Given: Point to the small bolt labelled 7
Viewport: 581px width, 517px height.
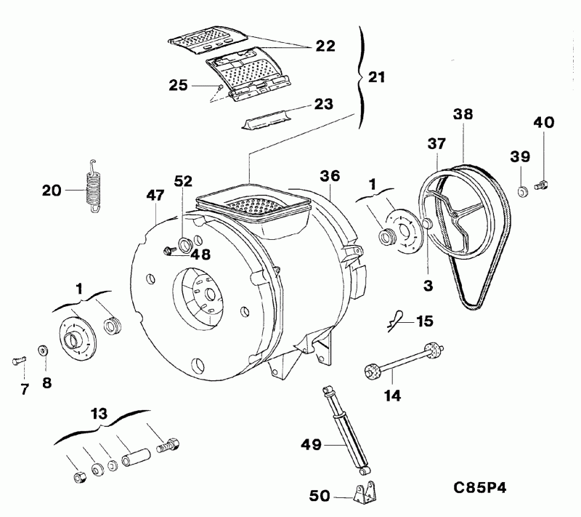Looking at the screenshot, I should (20, 359).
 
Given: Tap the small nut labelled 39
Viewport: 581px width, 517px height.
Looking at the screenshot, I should (521, 191).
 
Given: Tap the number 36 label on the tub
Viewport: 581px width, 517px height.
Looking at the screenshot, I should (329, 175).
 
